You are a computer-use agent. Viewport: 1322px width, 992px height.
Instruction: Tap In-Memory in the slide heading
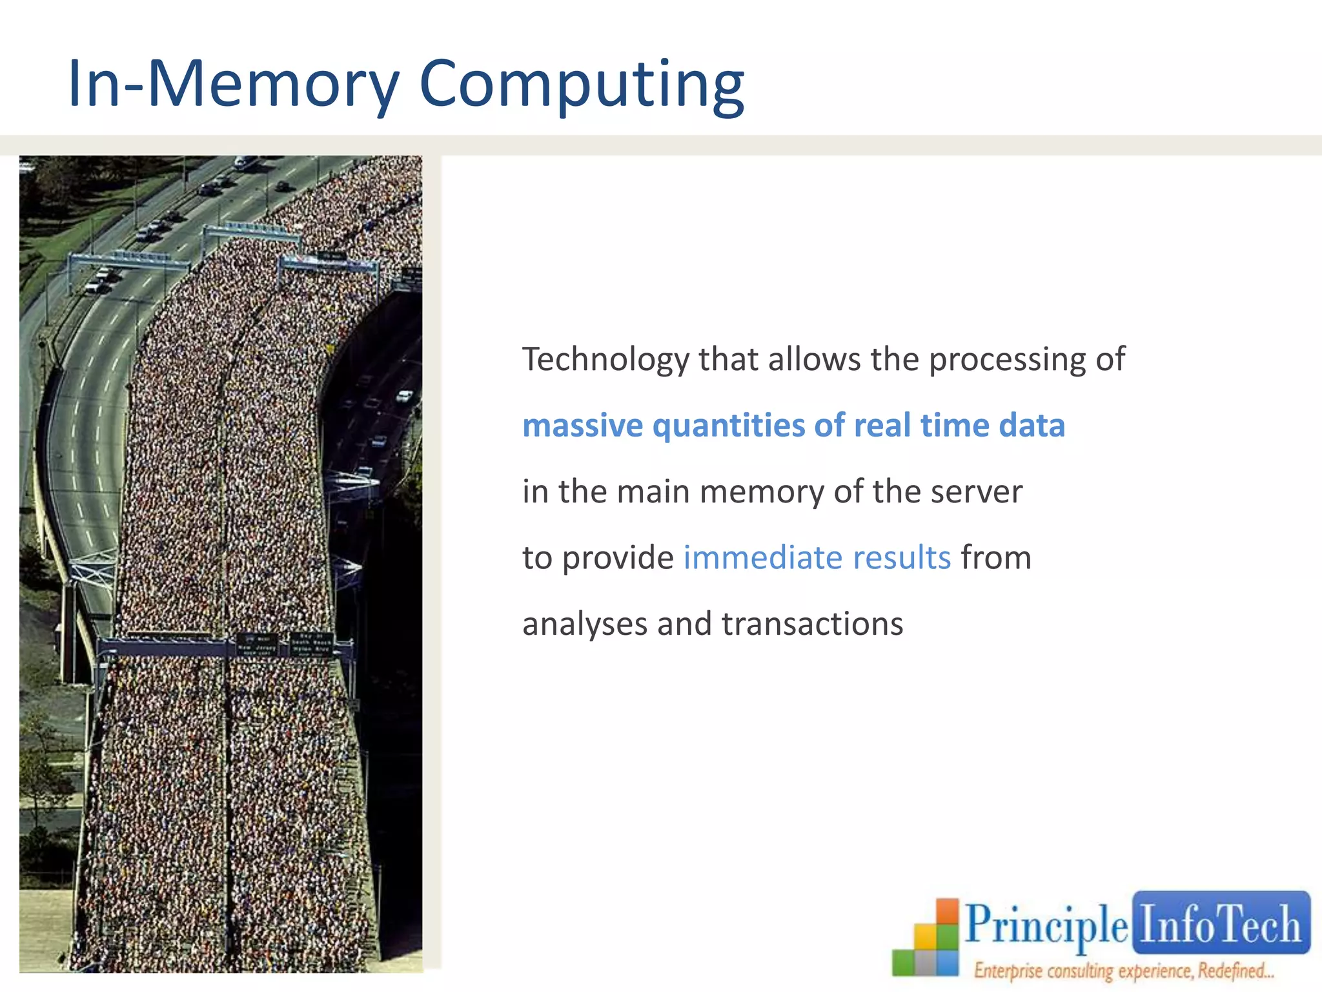234,84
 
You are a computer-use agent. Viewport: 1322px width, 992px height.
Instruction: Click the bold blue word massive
582,426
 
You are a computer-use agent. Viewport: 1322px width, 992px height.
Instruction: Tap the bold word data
1032,426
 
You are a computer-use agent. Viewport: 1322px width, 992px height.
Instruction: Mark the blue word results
902,558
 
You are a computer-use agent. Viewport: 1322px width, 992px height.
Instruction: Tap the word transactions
812,625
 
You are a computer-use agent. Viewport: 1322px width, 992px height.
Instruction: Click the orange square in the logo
948,912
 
